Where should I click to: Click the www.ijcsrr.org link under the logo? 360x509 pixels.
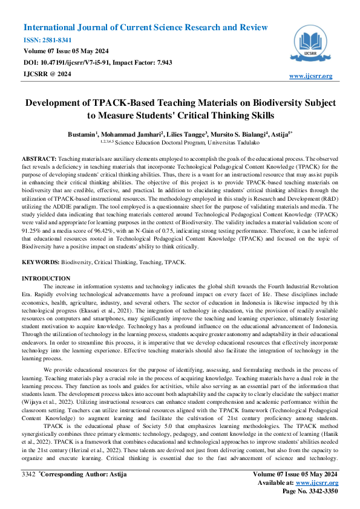click(x=311, y=76)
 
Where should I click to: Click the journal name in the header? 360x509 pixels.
click(x=145, y=28)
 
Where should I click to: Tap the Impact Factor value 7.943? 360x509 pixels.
click(x=163, y=62)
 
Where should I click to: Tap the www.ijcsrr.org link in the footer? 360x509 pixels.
click(x=317, y=483)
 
